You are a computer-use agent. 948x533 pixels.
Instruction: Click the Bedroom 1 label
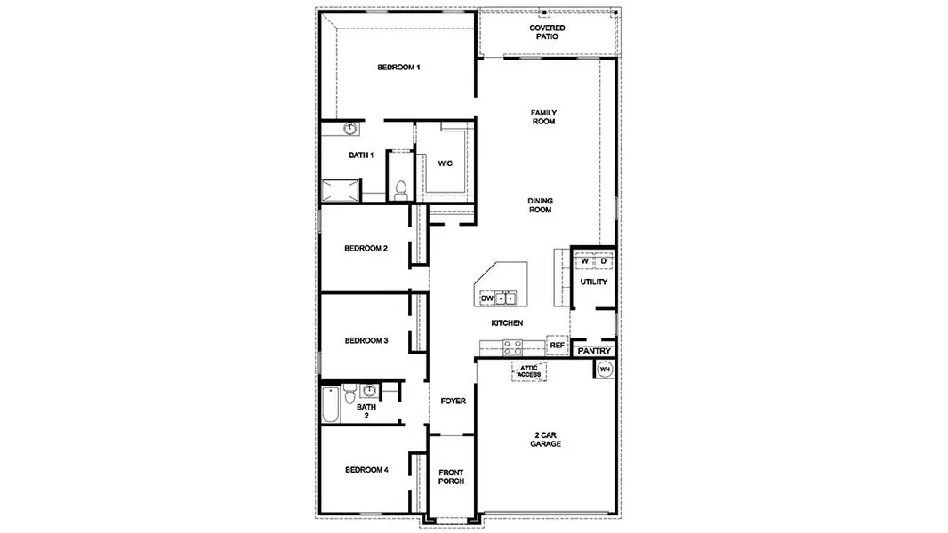click(398, 68)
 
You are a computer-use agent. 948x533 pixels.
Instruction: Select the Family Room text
click(543, 117)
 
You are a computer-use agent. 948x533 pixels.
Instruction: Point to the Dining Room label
click(540, 205)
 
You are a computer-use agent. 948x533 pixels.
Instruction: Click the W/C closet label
click(446, 163)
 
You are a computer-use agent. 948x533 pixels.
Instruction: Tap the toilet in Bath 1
click(400, 189)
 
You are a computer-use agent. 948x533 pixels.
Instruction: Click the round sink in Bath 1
click(350, 129)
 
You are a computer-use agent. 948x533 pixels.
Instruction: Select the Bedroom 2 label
click(366, 249)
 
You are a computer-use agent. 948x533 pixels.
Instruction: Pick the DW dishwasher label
click(486, 299)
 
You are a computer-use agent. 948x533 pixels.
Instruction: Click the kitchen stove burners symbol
click(512, 347)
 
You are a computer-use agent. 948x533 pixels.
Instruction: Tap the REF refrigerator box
click(558, 346)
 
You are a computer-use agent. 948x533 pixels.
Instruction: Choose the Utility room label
click(593, 282)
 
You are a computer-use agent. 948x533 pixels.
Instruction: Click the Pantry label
click(593, 352)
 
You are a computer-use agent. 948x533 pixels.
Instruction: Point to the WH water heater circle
click(606, 369)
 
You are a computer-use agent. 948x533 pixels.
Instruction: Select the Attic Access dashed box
click(531, 371)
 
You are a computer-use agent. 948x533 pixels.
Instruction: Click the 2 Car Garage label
click(546, 439)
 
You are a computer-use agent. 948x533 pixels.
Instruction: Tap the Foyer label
click(454, 402)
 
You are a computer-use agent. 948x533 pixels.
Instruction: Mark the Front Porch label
click(452, 477)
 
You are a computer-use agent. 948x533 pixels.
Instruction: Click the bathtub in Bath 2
click(331, 406)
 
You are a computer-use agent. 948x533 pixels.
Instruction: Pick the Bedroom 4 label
click(366, 470)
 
